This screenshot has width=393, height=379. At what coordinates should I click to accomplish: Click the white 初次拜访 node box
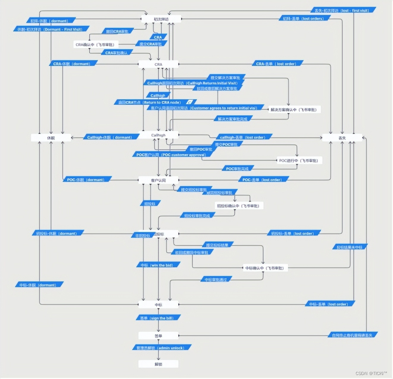(161, 19)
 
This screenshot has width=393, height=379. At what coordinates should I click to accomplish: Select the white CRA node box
(158, 64)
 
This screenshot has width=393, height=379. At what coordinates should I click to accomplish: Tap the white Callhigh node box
(158, 135)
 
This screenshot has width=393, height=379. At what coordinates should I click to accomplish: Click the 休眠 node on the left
(51, 137)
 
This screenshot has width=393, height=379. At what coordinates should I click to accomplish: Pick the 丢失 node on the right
(342, 137)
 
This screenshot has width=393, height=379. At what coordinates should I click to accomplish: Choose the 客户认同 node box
(158, 180)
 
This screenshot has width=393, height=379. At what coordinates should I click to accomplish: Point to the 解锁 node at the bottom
(158, 364)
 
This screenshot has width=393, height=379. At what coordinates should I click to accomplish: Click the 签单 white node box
(158, 336)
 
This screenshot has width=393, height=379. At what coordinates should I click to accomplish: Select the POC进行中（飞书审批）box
(299, 160)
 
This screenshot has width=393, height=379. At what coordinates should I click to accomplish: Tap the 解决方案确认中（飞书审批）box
(295, 109)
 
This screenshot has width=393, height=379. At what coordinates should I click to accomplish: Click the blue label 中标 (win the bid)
(158, 265)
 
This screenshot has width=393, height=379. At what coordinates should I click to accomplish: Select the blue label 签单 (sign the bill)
(158, 318)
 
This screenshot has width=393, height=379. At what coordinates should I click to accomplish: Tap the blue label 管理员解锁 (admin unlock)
(158, 348)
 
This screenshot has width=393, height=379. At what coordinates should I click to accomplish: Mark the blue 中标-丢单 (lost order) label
(330, 304)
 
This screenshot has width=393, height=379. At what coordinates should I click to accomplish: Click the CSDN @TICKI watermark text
(370, 373)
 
